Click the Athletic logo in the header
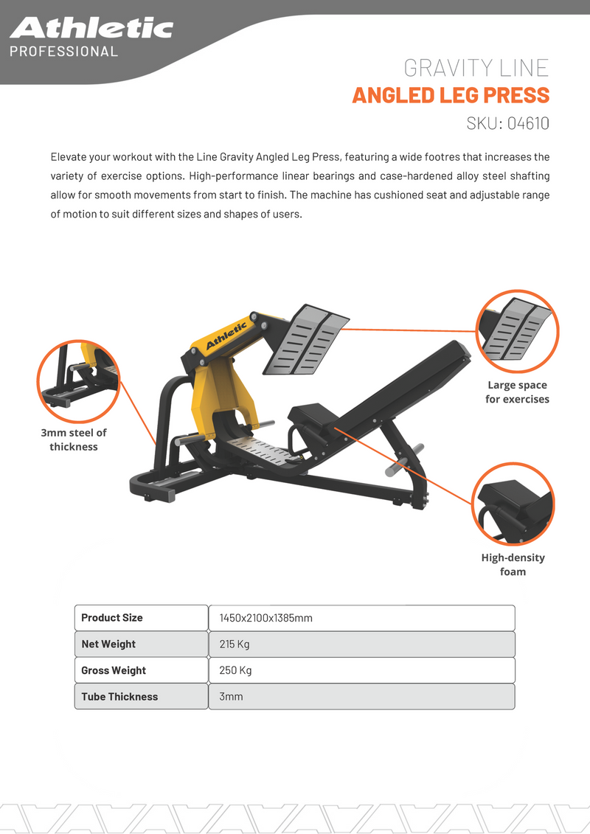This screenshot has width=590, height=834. pos(91,28)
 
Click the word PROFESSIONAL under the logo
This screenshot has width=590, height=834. pos(63,52)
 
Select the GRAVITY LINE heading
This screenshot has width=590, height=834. pos(476,69)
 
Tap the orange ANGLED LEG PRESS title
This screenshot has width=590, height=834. pos(451,95)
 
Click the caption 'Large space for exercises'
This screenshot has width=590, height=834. pos(517,392)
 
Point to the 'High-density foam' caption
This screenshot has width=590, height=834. pos(513,565)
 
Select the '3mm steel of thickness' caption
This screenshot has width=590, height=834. pos(74,439)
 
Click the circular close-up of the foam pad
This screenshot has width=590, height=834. pos(513,504)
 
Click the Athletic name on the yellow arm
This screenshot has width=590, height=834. pos(226,336)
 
